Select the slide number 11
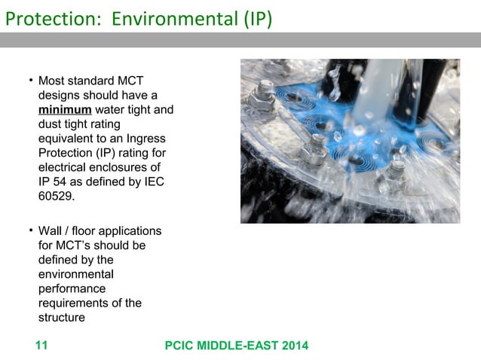[x=41, y=346]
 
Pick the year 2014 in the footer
[x=294, y=346]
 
